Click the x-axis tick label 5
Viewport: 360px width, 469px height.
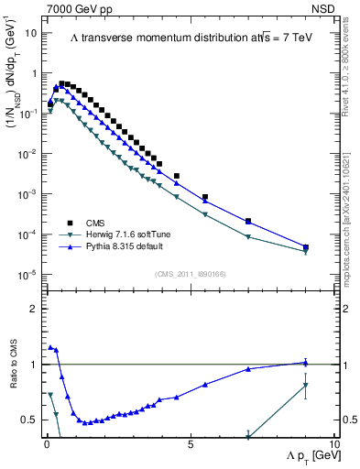(190, 444)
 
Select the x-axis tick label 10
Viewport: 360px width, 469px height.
(333, 444)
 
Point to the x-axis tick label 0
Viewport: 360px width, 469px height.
(46, 444)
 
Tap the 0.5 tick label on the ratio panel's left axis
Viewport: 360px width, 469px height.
(30, 420)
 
